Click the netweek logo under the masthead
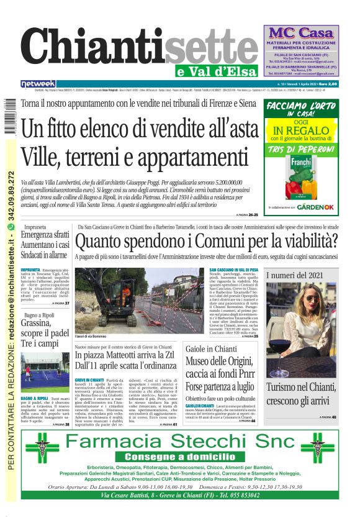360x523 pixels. click(x=38, y=83)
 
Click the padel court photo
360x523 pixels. click(x=45, y=372)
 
